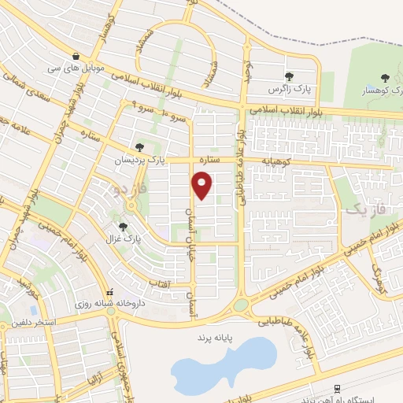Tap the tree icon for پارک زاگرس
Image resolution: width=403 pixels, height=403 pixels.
[289, 76]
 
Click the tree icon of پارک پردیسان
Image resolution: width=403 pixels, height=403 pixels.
[140, 147]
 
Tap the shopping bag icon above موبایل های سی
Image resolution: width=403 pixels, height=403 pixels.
[75, 56]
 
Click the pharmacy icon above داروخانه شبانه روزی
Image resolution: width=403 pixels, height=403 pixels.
[111, 292]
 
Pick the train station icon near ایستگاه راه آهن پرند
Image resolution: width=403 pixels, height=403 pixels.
[336, 387]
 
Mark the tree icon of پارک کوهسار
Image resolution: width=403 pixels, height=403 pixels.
[384, 77]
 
